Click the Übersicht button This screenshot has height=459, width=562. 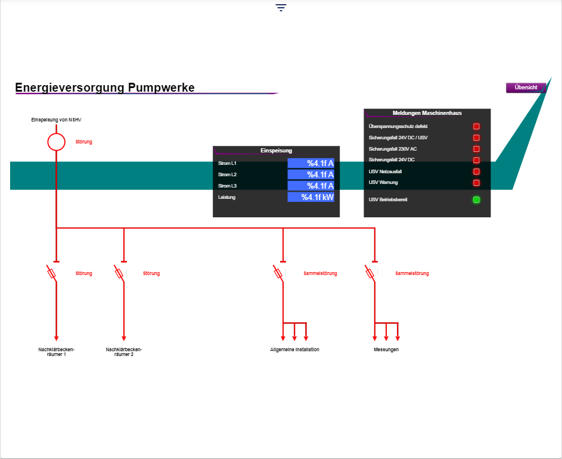(x=526, y=88)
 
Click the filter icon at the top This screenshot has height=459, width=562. (x=281, y=8)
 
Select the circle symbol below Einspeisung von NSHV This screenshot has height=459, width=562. (x=56, y=142)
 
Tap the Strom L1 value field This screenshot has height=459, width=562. (x=311, y=163)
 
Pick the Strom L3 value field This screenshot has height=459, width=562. (x=311, y=186)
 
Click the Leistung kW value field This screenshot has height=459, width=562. (x=311, y=197)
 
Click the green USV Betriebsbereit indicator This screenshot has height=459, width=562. (x=476, y=199)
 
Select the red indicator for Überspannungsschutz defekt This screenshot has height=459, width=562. (x=476, y=126)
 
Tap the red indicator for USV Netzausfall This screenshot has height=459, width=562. (x=476, y=171)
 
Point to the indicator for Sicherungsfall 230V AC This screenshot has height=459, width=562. (x=476, y=149)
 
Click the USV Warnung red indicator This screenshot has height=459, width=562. (x=476, y=183)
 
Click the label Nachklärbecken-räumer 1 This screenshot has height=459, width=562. (x=56, y=352)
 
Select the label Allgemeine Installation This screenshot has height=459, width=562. (x=294, y=349)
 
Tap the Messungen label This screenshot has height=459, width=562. (x=382, y=349)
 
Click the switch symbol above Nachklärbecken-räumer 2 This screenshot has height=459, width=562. (x=120, y=273)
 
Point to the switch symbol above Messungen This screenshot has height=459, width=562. (x=371, y=273)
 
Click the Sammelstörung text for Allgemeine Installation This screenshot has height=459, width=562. (x=320, y=273)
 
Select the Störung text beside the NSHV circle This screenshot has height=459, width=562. (x=84, y=142)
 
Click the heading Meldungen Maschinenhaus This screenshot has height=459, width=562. (x=427, y=113)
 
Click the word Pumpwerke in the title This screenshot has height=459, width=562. (x=161, y=88)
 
